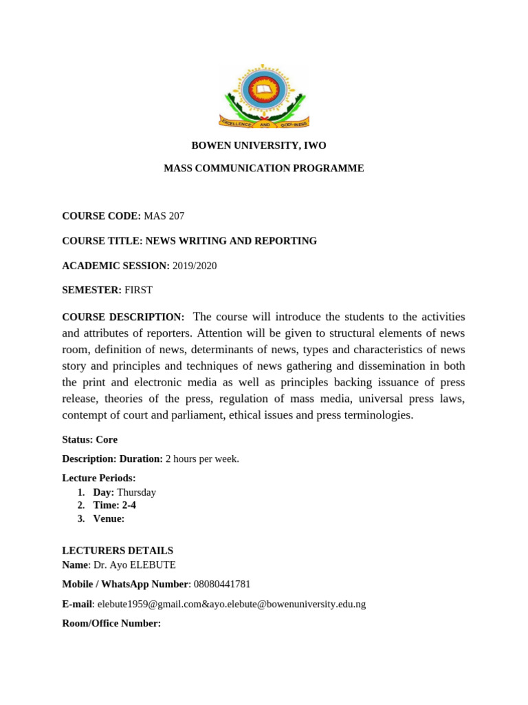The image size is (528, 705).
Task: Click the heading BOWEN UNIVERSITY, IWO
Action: click(x=258, y=145)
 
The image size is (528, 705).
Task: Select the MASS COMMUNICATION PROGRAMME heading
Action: click(x=263, y=168)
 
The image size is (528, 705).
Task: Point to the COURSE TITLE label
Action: click(x=101, y=241)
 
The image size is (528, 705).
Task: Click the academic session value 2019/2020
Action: click(x=195, y=266)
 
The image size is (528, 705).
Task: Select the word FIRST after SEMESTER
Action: click(x=140, y=291)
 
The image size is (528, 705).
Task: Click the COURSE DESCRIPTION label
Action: click(x=123, y=317)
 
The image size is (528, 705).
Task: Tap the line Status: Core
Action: click(x=89, y=439)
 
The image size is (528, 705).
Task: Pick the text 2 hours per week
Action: click(x=202, y=459)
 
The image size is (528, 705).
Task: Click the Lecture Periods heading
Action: click(x=99, y=478)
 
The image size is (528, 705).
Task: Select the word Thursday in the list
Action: click(x=136, y=492)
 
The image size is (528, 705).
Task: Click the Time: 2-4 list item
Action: click(x=114, y=505)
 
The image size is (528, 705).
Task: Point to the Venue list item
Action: click(x=109, y=518)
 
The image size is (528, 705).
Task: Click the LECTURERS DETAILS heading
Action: click(x=118, y=551)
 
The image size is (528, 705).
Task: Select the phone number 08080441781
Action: click(x=222, y=584)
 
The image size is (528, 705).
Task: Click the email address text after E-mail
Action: click(x=232, y=604)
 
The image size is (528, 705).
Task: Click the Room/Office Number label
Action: click(x=111, y=623)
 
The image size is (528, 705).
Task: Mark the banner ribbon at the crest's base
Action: click(x=264, y=123)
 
